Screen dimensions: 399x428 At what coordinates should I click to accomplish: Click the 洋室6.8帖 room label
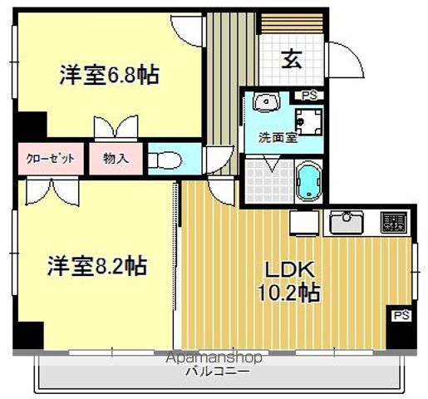point(109,76)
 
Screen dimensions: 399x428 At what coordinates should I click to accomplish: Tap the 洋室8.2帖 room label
point(97,266)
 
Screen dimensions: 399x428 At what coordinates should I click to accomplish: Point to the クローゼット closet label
point(51,158)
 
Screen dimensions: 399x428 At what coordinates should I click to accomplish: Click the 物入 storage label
point(116,158)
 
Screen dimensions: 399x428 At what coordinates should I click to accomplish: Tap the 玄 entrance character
point(291,60)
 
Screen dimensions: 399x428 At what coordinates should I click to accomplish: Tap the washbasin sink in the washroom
point(265,103)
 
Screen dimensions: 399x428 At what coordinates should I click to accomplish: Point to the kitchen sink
point(344,223)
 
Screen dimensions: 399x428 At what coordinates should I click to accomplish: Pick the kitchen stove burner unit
point(393,222)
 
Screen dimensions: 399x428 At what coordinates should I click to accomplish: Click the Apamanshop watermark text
point(214,357)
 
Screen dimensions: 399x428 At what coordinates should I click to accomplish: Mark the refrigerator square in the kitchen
point(303,224)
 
